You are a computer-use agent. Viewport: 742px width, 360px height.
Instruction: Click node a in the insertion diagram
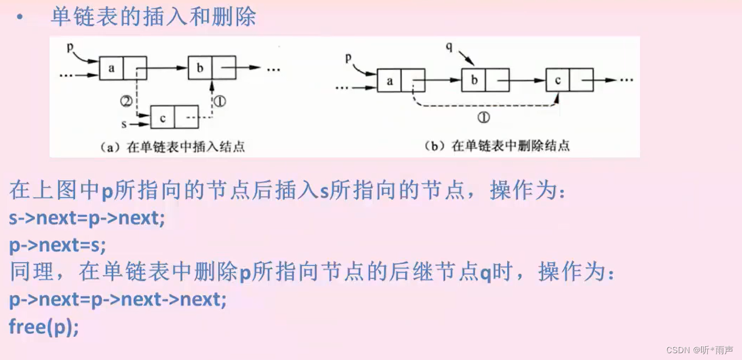[111, 68]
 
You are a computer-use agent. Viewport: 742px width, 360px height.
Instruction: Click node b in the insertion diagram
[200, 68]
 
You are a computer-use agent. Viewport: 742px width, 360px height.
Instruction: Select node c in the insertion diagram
[163, 118]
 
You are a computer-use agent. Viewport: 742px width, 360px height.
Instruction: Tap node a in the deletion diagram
[389, 81]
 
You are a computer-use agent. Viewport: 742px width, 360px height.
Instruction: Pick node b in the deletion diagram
[474, 81]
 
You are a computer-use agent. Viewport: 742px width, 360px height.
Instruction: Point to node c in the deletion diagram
[558, 81]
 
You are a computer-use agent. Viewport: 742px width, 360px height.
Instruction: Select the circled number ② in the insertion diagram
[126, 102]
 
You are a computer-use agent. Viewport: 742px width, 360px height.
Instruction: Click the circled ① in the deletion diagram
[484, 118]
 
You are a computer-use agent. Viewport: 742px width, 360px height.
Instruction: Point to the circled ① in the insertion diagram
[220, 102]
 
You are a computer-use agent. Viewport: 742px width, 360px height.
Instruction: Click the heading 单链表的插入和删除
[154, 16]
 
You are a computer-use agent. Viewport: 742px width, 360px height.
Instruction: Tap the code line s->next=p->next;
[87, 218]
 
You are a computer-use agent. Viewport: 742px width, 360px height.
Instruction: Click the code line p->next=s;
[57, 245]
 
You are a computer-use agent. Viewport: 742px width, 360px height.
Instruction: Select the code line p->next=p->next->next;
[117, 299]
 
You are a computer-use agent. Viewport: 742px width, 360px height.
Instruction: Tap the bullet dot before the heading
[20, 18]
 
